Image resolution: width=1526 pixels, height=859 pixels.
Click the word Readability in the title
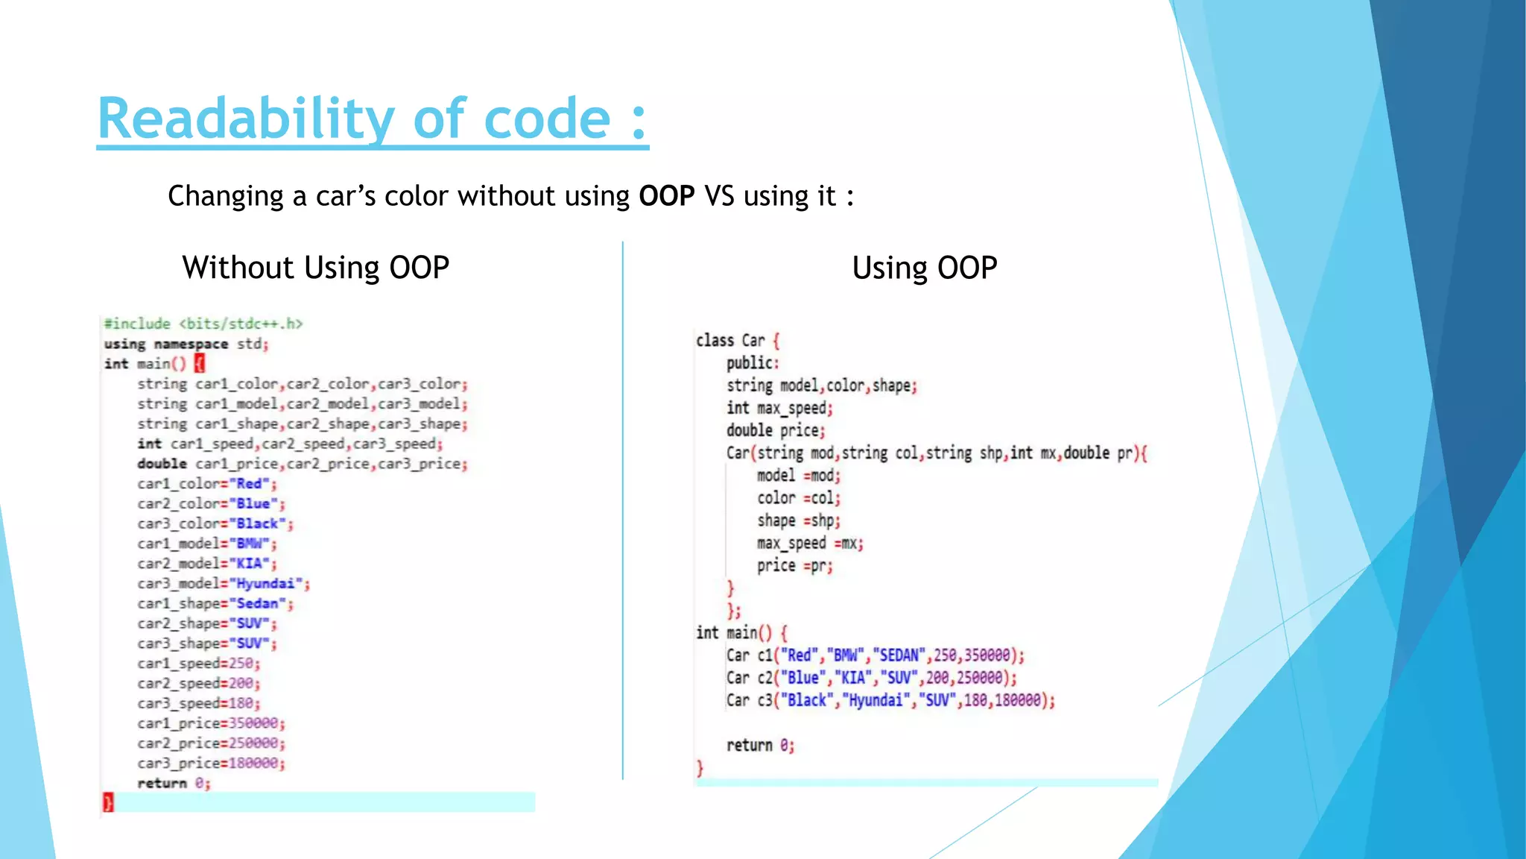point(246,119)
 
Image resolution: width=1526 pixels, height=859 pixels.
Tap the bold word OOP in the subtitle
point(666,196)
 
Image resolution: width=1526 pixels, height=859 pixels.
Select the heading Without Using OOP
point(315,268)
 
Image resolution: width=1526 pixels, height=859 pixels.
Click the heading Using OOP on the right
point(924,268)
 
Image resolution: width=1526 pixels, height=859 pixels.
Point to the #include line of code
point(203,324)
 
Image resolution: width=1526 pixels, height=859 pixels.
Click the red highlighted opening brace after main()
point(199,363)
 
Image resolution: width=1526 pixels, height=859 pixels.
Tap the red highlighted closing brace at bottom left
point(108,802)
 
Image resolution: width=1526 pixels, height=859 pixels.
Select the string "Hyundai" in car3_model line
point(265,583)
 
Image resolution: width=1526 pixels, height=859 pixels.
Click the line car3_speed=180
point(198,703)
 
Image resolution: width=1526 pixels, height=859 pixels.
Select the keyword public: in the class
point(752,363)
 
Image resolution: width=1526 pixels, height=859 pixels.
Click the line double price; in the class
point(775,430)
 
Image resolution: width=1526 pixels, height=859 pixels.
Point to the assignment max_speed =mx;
point(809,543)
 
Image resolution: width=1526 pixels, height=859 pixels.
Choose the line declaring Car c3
point(890,700)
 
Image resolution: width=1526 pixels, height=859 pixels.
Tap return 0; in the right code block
point(760,745)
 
